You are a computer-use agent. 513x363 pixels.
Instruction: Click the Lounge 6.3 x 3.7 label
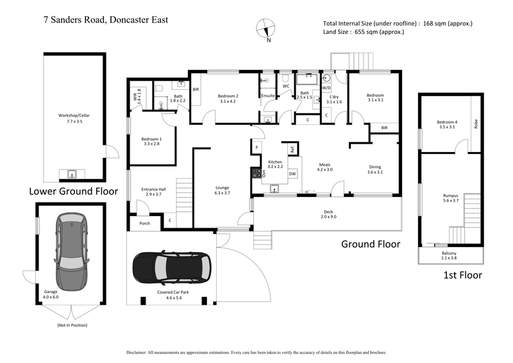coord(222,190)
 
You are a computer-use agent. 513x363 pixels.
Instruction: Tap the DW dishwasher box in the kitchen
coord(292,174)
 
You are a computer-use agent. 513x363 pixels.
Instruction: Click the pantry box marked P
coord(256,148)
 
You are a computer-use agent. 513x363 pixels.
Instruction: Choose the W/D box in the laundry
coord(335,88)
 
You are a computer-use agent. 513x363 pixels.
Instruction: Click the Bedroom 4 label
coord(447,124)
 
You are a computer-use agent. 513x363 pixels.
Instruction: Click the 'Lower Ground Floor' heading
coord(73,191)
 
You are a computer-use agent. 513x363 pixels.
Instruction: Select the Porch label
coord(144,224)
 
